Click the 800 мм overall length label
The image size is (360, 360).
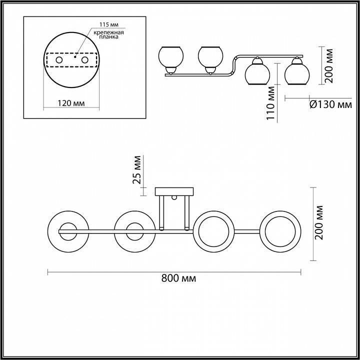(x=178, y=278)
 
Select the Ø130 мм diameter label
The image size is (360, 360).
(x=331, y=104)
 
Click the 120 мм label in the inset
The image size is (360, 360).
(x=70, y=103)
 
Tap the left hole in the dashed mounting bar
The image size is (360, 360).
(x=59, y=60)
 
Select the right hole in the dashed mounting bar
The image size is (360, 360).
(x=84, y=60)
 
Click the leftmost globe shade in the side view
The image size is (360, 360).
(x=170, y=56)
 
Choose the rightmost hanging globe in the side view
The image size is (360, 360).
(x=296, y=73)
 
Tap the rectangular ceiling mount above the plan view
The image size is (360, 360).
(x=174, y=191)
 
